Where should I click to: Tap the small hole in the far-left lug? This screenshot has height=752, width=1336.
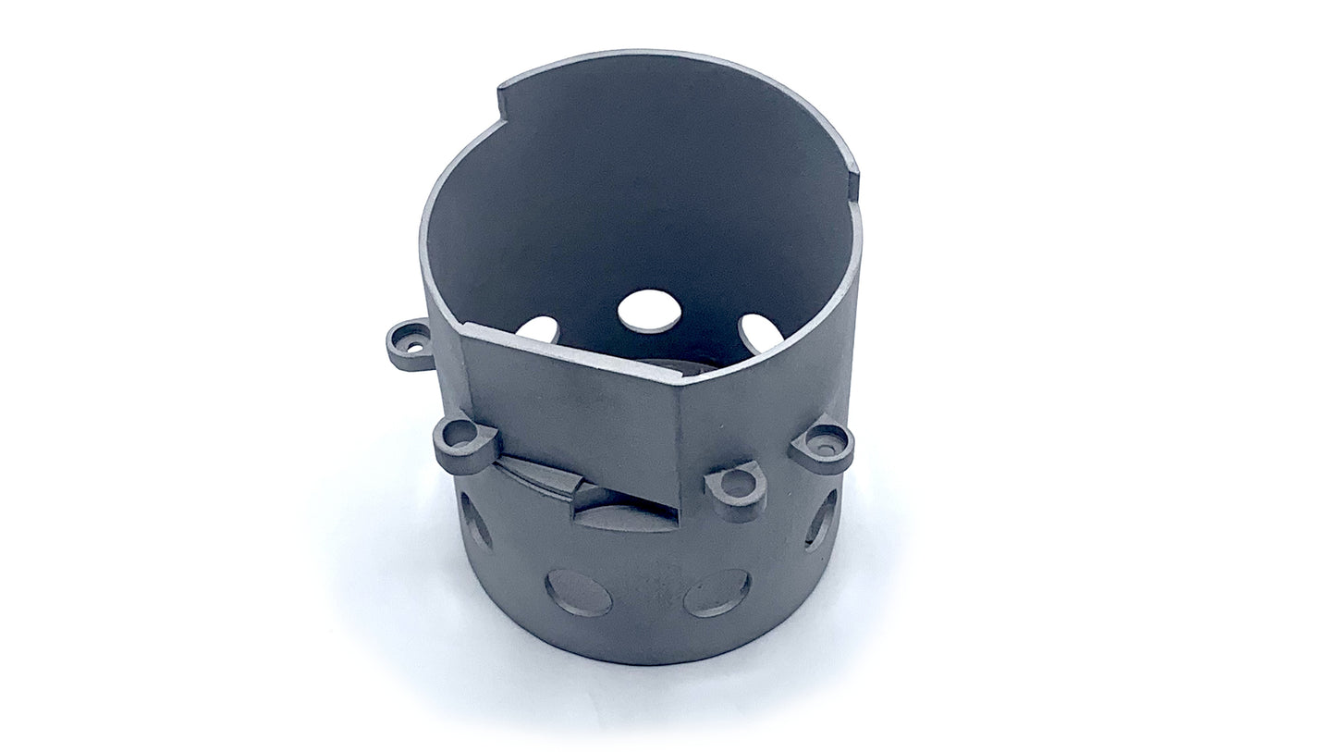pos(404,341)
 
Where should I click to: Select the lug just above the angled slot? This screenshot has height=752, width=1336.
pos(463,442)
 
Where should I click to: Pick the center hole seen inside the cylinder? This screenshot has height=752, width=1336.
pos(649,310)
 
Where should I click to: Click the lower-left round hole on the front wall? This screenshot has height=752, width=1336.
pos(579,593)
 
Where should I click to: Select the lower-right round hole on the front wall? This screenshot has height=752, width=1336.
pos(717,593)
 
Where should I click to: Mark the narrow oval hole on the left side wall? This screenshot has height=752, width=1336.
pos(476,521)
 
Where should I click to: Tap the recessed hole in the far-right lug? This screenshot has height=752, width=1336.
pos(826,442)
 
